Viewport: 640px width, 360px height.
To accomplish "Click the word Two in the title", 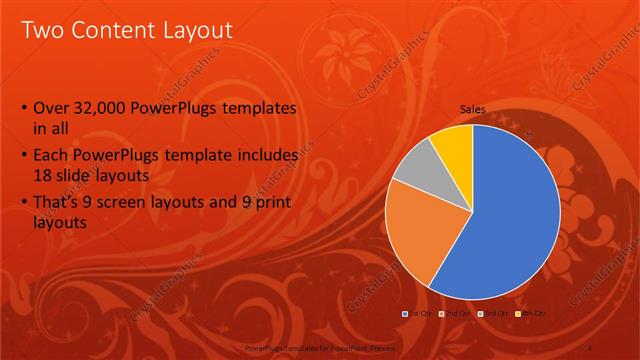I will tap(41, 30).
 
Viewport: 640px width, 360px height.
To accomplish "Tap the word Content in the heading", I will tap(111, 30).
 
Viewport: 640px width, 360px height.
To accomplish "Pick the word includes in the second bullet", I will tap(266, 156).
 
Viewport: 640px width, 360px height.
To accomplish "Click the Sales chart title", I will tap(473, 109).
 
